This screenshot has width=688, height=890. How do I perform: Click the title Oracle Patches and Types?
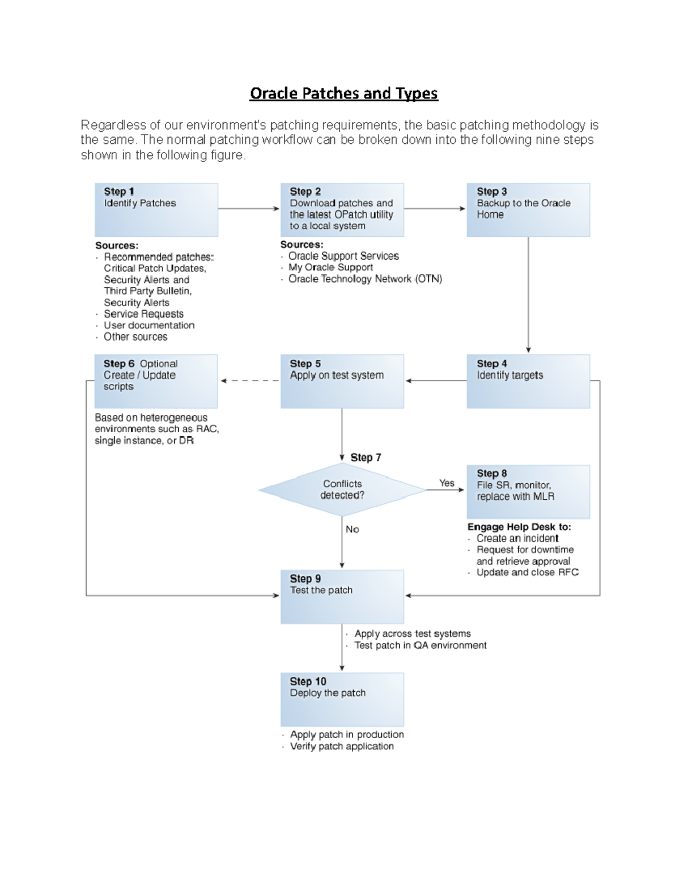click(x=343, y=93)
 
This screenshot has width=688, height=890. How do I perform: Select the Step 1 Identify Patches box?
click(x=156, y=210)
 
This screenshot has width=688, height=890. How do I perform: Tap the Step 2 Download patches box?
click(x=342, y=210)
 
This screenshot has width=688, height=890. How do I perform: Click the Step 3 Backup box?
click(x=528, y=210)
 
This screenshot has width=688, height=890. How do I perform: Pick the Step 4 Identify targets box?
click(x=528, y=381)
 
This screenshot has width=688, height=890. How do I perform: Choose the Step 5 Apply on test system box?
click(x=342, y=381)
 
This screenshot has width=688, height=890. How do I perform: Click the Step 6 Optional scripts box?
click(x=156, y=381)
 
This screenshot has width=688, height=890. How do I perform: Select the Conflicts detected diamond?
click(x=342, y=490)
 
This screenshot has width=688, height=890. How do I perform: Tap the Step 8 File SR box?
click(x=528, y=492)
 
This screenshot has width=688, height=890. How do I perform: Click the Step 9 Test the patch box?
click(x=342, y=597)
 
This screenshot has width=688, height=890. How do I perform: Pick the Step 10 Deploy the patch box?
click(x=342, y=699)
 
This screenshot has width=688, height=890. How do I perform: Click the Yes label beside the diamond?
click(x=447, y=483)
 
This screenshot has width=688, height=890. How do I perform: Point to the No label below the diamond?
click(x=352, y=530)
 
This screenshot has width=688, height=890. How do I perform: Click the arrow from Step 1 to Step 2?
click(x=248, y=209)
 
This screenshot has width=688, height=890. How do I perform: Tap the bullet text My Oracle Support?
click(x=330, y=268)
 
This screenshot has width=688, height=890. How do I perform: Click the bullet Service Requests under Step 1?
click(x=143, y=314)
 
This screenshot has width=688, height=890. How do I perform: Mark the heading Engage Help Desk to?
click(x=519, y=527)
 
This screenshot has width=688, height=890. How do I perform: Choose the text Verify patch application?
click(x=342, y=746)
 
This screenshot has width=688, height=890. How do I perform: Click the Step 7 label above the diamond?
click(x=365, y=457)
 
